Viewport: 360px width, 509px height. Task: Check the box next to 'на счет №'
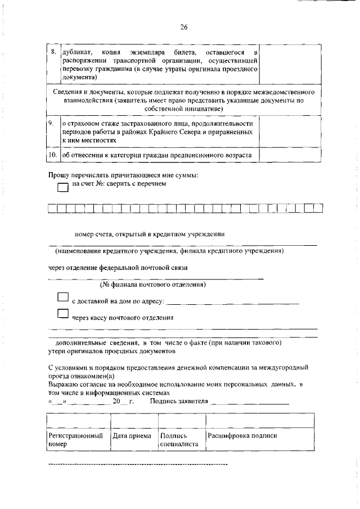62,190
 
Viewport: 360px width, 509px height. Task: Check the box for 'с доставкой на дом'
62,298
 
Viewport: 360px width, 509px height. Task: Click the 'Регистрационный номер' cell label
76,440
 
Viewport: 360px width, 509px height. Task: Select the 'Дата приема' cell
132,436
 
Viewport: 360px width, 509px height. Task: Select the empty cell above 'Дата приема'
134,420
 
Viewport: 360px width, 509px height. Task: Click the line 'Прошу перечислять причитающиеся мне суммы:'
123,175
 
